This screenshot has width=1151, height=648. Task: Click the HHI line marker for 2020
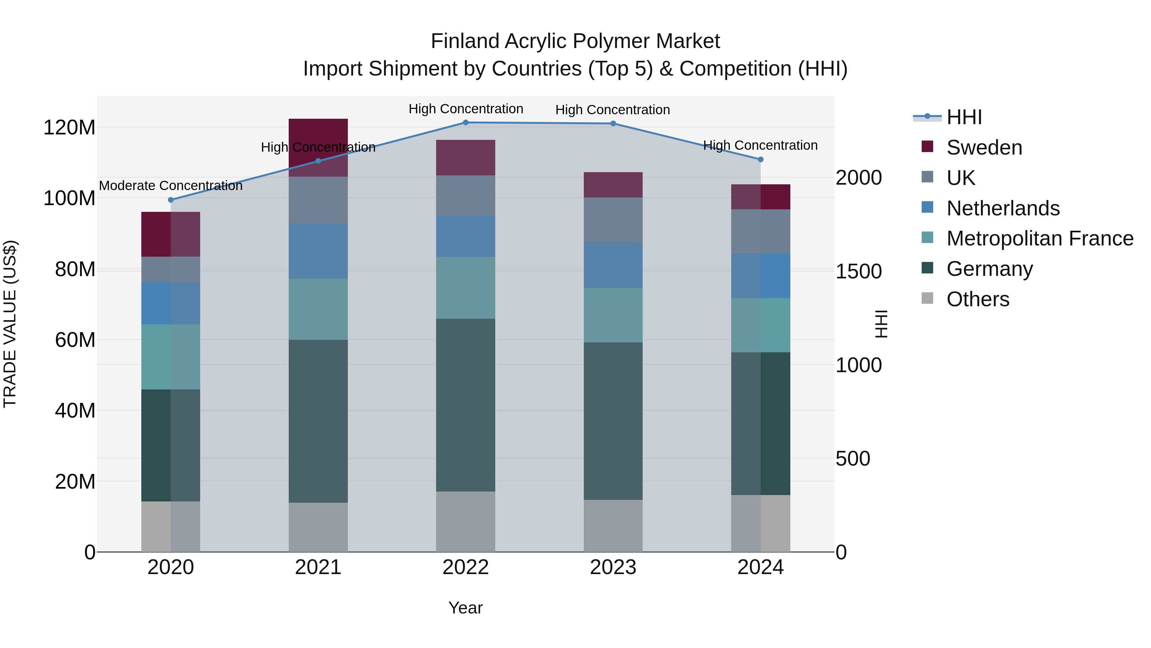point(171,200)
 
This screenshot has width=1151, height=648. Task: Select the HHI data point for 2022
point(466,123)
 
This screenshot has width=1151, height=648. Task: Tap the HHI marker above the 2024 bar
point(761,160)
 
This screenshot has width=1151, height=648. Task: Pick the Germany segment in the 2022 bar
point(466,405)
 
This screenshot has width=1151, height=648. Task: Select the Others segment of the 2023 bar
point(613,525)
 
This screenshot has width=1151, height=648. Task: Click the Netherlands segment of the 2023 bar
point(613,265)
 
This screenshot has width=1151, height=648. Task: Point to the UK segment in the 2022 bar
point(466,196)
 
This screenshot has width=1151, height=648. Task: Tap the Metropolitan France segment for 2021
point(318,309)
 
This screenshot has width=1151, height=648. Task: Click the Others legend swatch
point(927,298)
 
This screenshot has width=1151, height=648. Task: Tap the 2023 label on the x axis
point(613,567)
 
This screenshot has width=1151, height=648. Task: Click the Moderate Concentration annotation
point(171,186)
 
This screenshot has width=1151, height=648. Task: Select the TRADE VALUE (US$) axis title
point(10,324)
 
